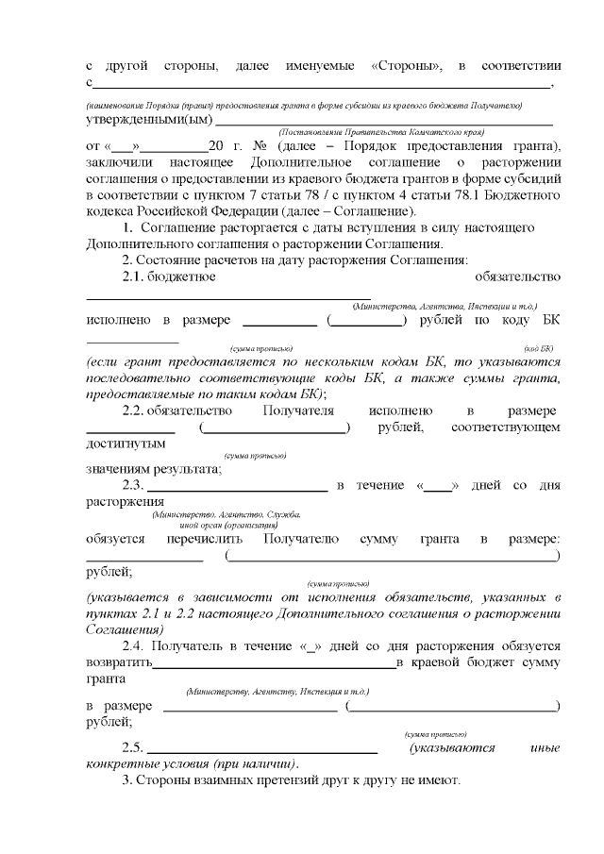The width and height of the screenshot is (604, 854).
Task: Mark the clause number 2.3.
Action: pos(137,486)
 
